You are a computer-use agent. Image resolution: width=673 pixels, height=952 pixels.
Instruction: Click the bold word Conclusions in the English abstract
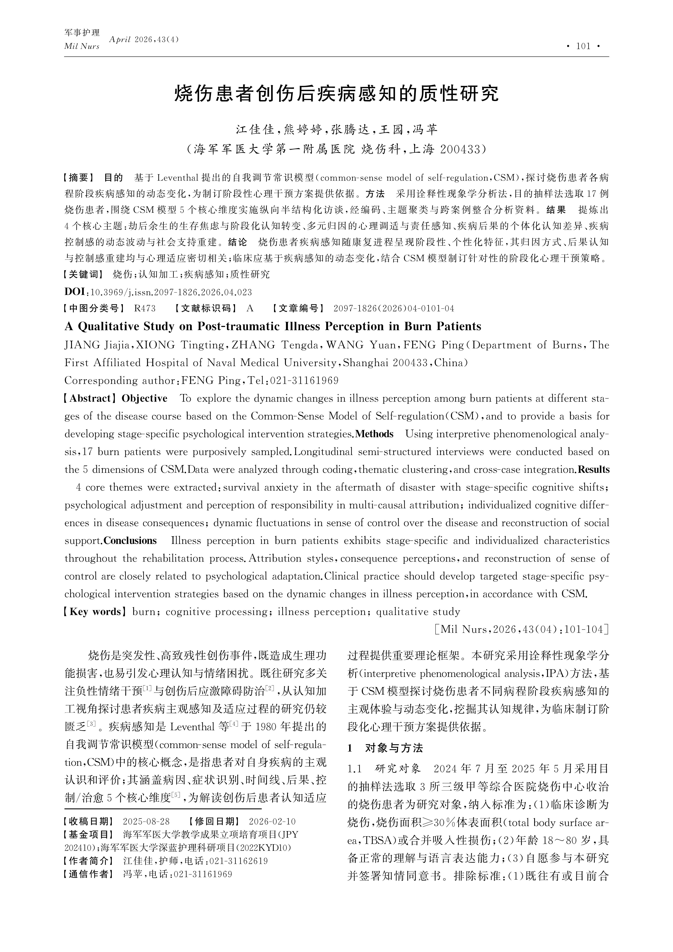coord(130,541)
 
